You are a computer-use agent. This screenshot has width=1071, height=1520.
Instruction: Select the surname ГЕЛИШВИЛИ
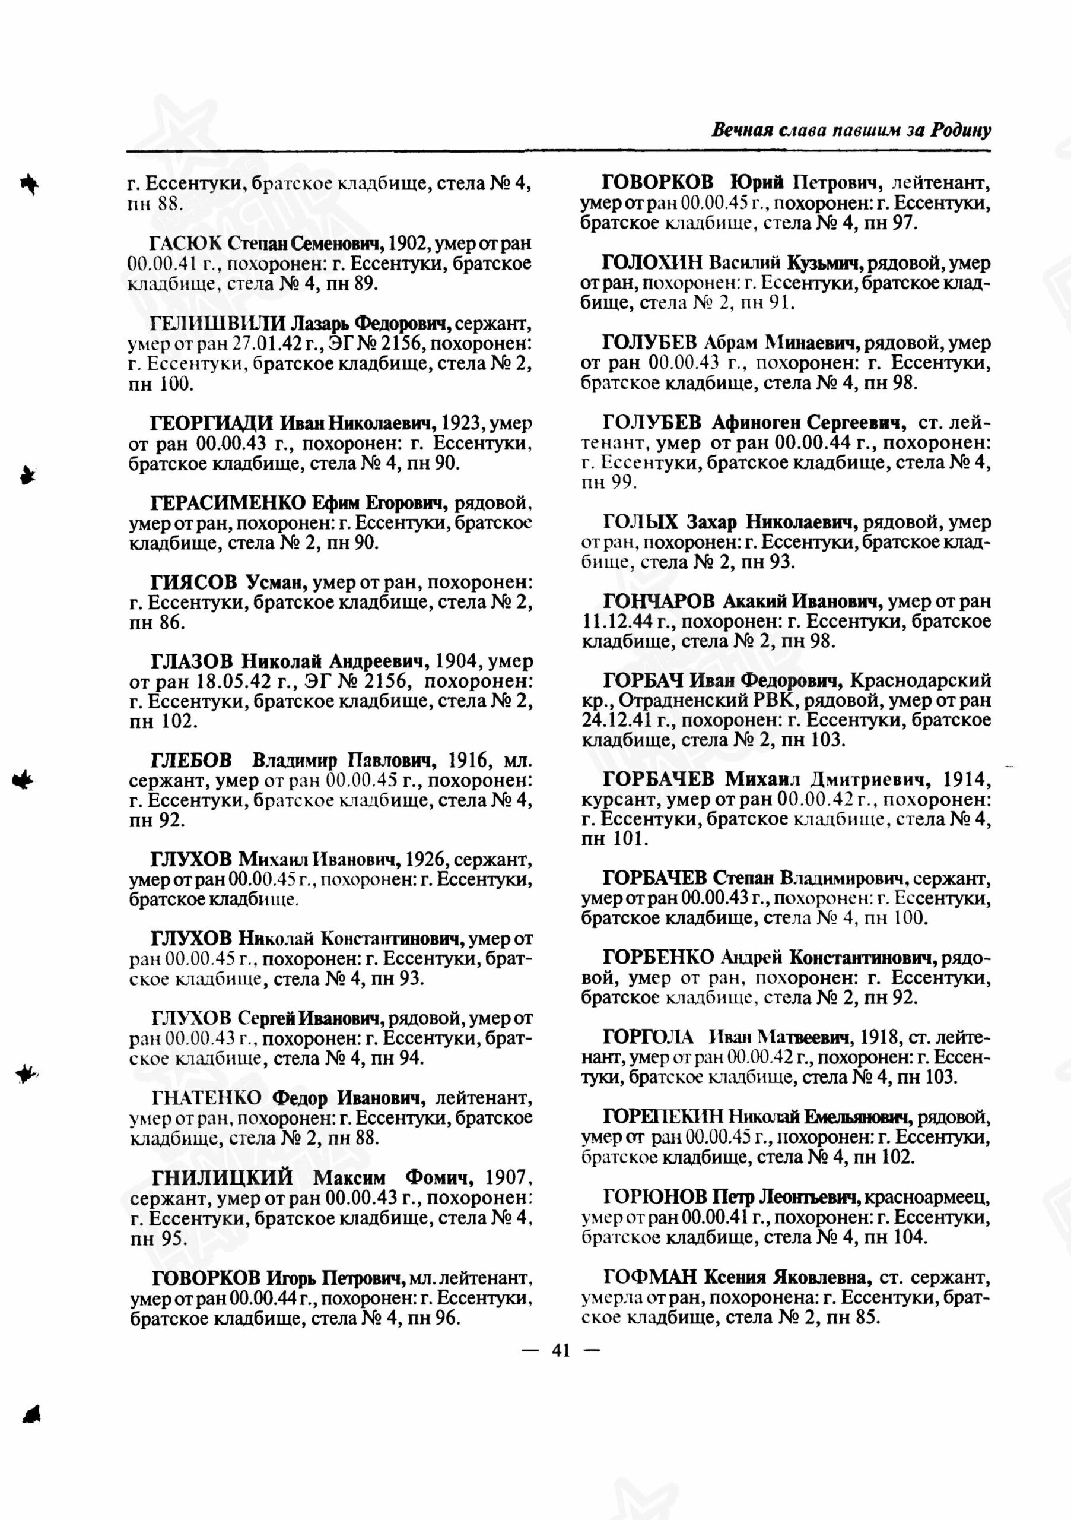217,324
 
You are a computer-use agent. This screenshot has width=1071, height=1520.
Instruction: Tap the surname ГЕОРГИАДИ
212,422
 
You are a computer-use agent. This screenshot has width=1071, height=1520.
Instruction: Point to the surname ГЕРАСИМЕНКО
228,502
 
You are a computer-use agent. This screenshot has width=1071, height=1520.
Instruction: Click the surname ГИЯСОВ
194,582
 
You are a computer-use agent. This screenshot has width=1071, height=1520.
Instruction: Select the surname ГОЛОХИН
652,263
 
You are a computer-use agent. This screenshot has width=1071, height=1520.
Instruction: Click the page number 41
560,1351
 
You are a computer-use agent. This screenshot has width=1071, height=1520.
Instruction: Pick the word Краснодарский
920,680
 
